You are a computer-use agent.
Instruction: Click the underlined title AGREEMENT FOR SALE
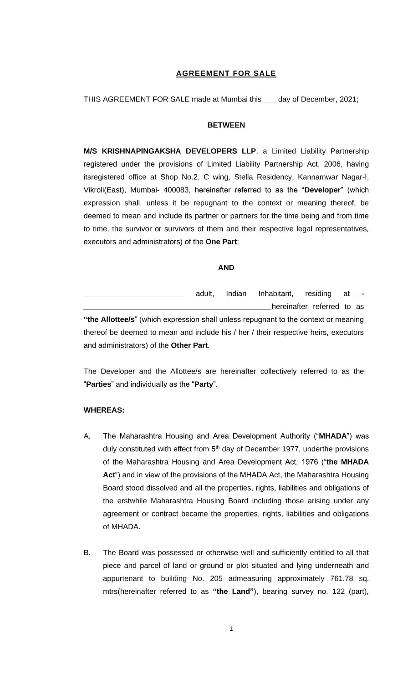226,73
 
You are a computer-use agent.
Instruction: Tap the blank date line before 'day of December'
270,100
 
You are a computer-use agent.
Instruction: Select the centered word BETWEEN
226,125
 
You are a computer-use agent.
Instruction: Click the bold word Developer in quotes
322,190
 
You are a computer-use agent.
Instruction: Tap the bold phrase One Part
221,242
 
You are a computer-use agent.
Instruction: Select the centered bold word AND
226,268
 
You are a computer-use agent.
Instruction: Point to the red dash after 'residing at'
362,294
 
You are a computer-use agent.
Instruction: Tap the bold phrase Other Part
189,345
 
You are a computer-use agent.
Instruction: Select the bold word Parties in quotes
99,384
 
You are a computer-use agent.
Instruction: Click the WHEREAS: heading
104,410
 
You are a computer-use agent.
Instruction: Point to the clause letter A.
87,436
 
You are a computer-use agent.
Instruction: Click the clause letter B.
87,553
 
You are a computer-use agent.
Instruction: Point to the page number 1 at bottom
231,629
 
